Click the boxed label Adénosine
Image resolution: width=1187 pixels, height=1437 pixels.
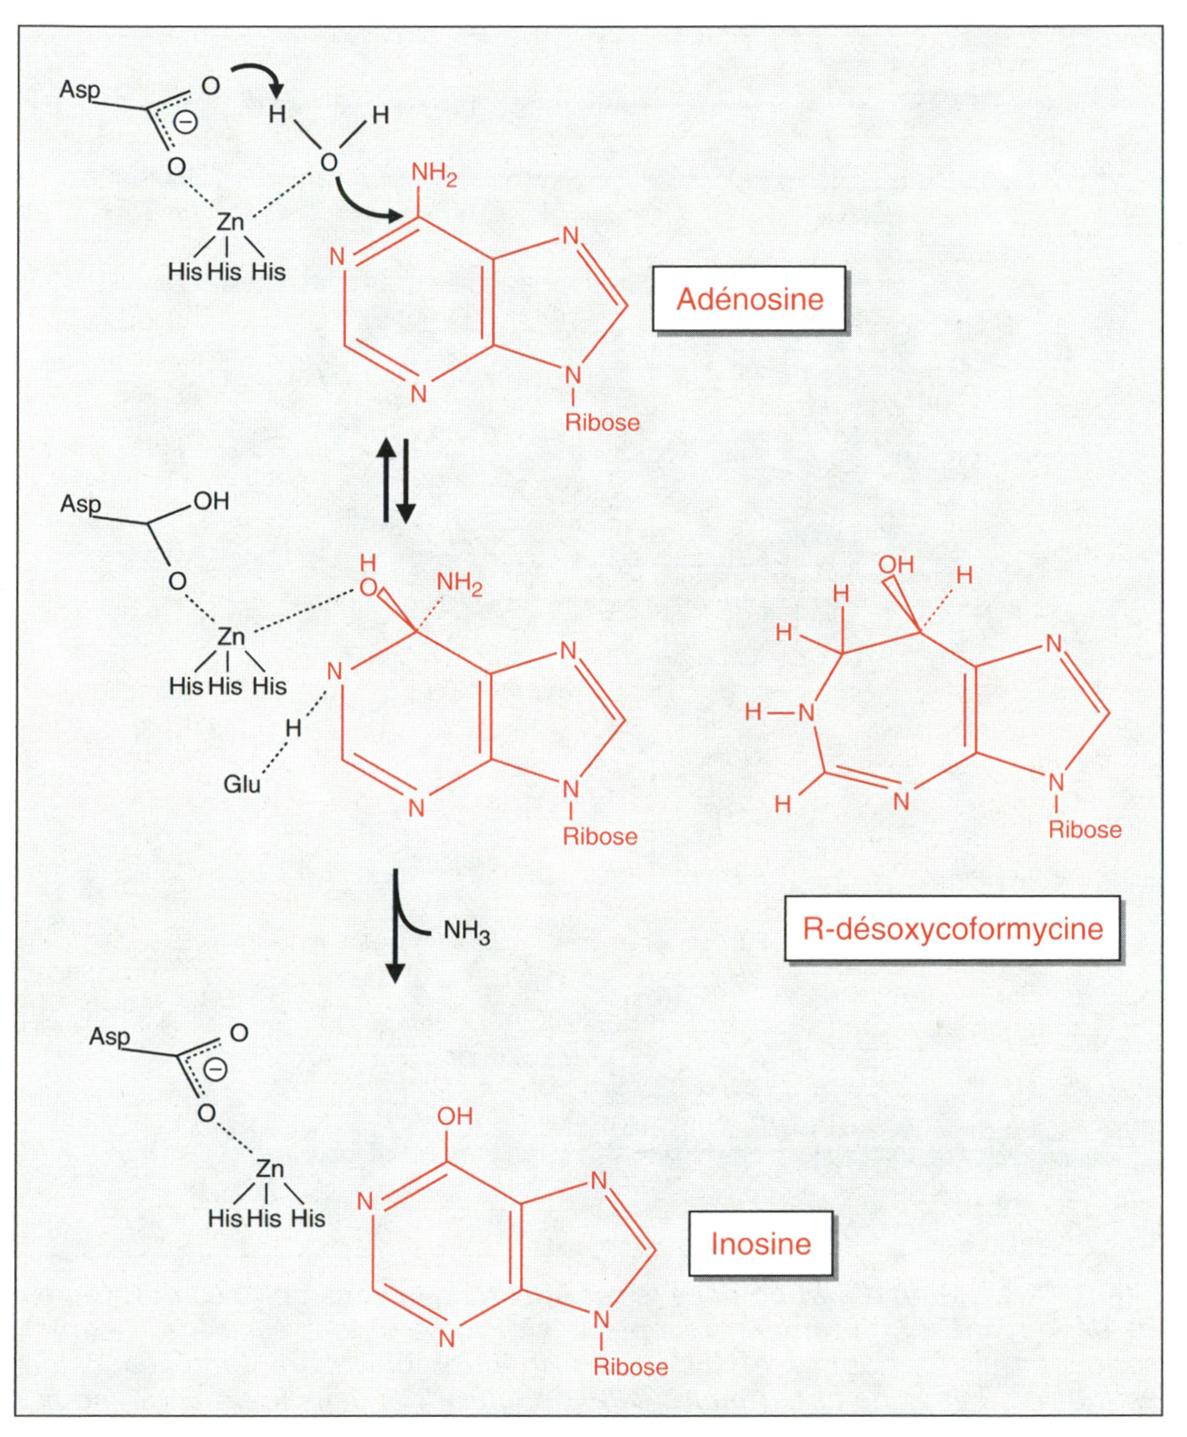(x=749, y=299)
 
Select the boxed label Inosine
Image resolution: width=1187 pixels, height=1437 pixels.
(x=761, y=1244)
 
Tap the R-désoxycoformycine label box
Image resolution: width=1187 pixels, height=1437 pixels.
(x=952, y=929)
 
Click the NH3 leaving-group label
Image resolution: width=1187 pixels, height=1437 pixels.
(x=466, y=931)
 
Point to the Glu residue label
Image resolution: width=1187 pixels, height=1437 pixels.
(x=242, y=784)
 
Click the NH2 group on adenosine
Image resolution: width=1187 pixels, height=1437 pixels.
(x=434, y=174)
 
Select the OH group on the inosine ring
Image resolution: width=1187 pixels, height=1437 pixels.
(x=455, y=1116)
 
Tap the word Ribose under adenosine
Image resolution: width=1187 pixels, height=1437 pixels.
(x=602, y=422)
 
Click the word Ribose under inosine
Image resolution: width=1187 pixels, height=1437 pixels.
(x=630, y=1367)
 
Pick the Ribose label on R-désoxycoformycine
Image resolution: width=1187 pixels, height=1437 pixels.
(x=1085, y=829)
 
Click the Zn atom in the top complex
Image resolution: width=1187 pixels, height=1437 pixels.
(x=230, y=222)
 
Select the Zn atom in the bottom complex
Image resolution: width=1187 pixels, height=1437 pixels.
(x=269, y=1169)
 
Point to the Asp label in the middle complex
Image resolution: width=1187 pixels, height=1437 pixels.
(x=80, y=504)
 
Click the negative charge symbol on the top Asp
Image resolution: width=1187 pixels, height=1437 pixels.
(x=186, y=122)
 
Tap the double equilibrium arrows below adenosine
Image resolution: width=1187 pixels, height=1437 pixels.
(x=395, y=481)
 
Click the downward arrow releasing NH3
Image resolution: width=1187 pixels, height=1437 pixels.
(x=395, y=926)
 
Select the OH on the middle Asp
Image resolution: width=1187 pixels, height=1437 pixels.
(x=211, y=502)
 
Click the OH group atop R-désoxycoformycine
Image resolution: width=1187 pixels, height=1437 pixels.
(x=895, y=565)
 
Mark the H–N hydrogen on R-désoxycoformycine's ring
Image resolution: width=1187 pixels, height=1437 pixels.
(x=753, y=712)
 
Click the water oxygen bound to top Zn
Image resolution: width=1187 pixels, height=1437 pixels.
(x=329, y=162)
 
